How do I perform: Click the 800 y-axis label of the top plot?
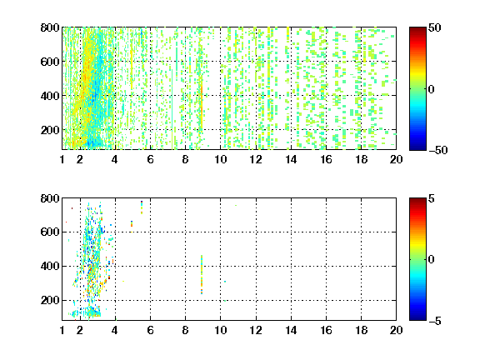click(50, 27)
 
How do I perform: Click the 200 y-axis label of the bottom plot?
click(50, 300)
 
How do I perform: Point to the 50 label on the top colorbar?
click(435, 27)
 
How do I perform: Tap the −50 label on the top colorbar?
click(438, 150)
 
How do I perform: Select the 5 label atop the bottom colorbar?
click(432, 198)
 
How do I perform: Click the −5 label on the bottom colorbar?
click(435, 321)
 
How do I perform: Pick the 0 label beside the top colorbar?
click(432, 89)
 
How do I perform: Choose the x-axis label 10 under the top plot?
click(220, 159)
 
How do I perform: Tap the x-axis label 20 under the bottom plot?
click(396, 330)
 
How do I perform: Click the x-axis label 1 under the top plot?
click(62, 159)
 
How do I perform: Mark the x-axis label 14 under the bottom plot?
click(291, 330)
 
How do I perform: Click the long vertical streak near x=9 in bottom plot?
click(202, 275)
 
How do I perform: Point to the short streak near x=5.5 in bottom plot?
click(142, 207)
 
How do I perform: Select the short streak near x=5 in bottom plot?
click(132, 224)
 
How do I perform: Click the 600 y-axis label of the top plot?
click(50, 62)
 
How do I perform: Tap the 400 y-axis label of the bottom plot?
click(50, 266)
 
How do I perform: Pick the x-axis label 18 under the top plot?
click(361, 159)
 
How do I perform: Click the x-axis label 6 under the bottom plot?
click(150, 330)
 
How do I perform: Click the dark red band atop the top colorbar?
click(417, 29)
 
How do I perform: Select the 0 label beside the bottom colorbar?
click(432, 260)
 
